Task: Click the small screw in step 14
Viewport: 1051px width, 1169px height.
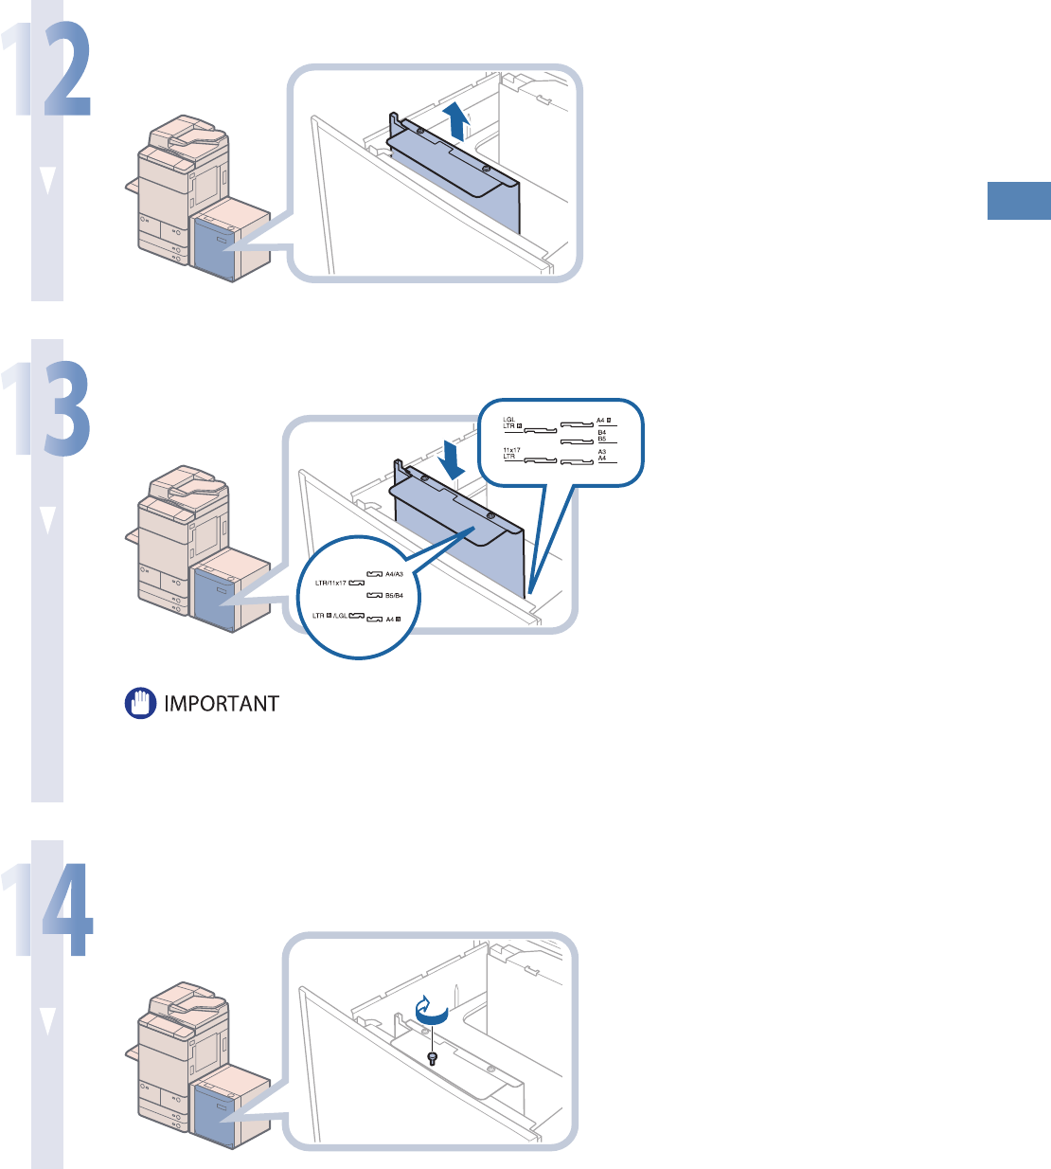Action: [x=433, y=1057]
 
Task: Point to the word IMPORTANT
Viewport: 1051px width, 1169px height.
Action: [x=222, y=704]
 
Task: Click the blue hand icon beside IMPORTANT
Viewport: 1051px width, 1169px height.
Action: [x=141, y=704]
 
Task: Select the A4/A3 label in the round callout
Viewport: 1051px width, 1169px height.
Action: [x=394, y=574]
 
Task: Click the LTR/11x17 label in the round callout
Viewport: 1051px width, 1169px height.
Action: [x=330, y=584]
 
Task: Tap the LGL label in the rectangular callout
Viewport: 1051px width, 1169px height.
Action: [x=509, y=419]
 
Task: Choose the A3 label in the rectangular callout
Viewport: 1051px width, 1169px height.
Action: [x=601, y=452]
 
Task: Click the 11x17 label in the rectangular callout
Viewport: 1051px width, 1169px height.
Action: [x=511, y=450]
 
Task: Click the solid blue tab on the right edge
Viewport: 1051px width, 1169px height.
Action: [x=1019, y=200]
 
